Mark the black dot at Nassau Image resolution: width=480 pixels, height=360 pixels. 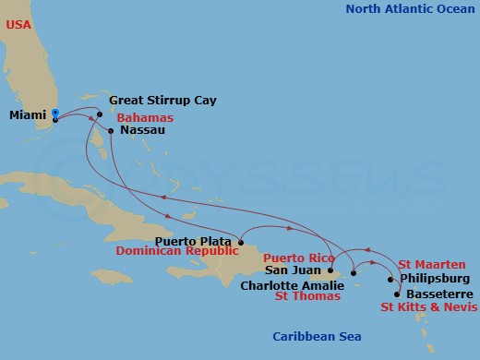click(111, 130)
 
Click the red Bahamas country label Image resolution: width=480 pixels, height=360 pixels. click(145, 117)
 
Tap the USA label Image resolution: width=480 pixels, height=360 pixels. click(19, 25)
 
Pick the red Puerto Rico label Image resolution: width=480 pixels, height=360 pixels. click(297, 258)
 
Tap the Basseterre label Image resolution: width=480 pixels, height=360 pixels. click(435, 294)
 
